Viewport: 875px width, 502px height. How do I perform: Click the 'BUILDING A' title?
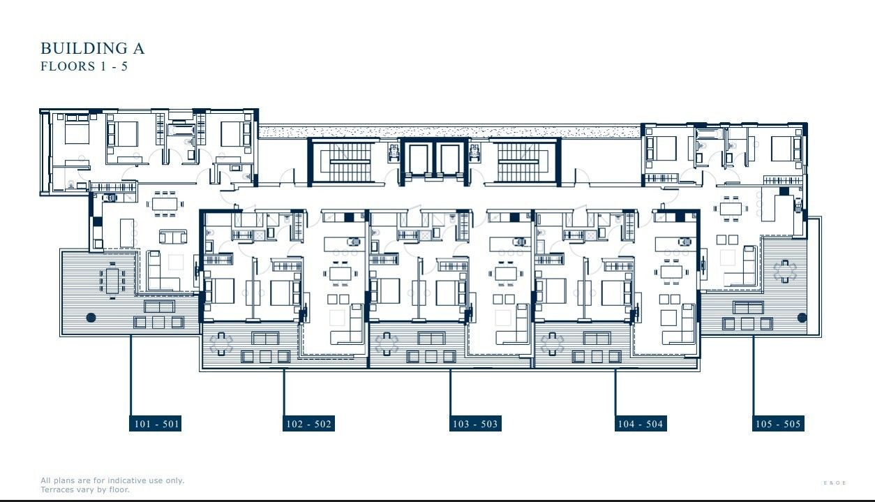(x=92, y=48)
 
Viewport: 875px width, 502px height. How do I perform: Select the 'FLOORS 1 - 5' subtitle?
(x=84, y=67)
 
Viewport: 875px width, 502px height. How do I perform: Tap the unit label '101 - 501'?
(x=155, y=424)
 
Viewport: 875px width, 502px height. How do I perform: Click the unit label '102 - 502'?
(x=308, y=424)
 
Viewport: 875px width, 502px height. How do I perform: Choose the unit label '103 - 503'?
(x=475, y=424)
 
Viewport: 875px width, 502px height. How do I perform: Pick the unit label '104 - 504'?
(x=640, y=424)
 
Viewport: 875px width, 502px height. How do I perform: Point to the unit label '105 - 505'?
(x=778, y=424)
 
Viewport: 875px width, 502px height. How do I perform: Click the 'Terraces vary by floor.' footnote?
(x=85, y=489)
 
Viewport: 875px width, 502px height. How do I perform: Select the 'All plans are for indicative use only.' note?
(x=112, y=480)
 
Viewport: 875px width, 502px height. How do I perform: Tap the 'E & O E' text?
(x=835, y=483)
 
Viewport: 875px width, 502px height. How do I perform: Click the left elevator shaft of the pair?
(x=419, y=160)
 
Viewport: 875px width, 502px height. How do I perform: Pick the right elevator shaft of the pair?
(x=449, y=160)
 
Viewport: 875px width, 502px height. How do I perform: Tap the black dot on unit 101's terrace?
(x=91, y=318)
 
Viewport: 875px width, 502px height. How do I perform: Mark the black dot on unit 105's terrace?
(x=802, y=318)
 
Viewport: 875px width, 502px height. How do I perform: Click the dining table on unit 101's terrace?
(x=112, y=279)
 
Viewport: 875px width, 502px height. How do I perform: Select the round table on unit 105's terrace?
(x=784, y=270)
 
